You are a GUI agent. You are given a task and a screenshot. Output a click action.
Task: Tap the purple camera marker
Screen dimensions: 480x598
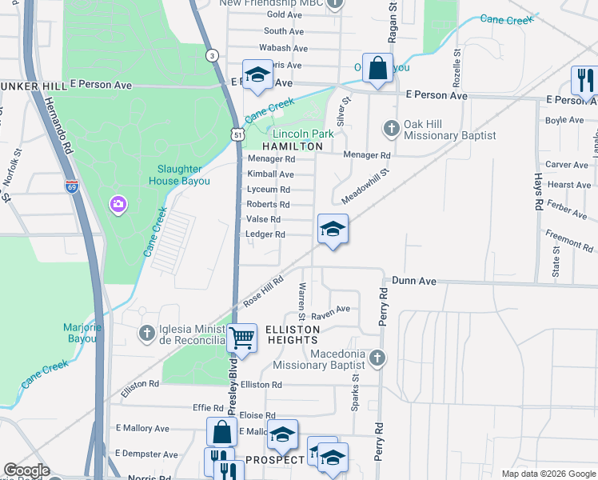coord(118,206)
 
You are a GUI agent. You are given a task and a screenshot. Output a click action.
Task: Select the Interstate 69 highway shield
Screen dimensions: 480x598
coord(72,186)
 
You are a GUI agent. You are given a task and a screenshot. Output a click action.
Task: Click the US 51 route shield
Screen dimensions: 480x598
coord(239,136)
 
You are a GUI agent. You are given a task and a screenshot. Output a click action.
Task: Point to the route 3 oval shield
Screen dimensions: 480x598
coord(211,55)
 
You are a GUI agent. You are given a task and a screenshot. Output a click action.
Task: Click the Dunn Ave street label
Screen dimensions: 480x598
coord(413,282)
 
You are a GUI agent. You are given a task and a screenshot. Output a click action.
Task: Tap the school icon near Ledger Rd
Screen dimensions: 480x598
coord(333,230)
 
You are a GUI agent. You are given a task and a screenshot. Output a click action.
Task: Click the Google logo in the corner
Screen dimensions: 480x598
coord(26,470)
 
